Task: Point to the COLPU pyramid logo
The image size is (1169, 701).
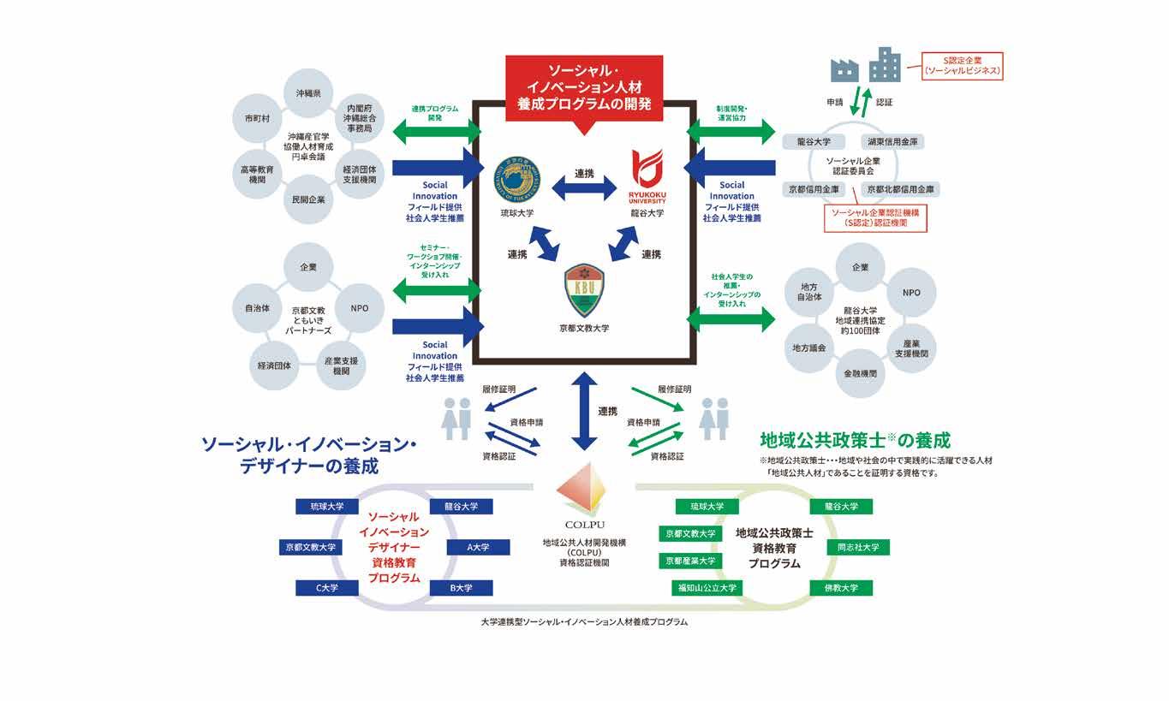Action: (x=585, y=491)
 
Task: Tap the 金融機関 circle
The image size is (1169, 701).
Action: (x=859, y=373)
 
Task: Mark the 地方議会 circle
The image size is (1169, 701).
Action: (x=809, y=348)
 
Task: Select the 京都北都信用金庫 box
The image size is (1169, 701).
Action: (x=900, y=189)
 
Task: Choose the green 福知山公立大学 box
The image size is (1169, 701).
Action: (x=707, y=588)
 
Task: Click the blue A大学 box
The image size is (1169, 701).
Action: (x=478, y=547)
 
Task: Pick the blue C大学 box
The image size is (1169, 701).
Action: (x=326, y=588)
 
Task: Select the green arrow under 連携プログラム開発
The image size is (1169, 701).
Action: (x=437, y=131)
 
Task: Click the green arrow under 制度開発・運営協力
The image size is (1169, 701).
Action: (x=731, y=131)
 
